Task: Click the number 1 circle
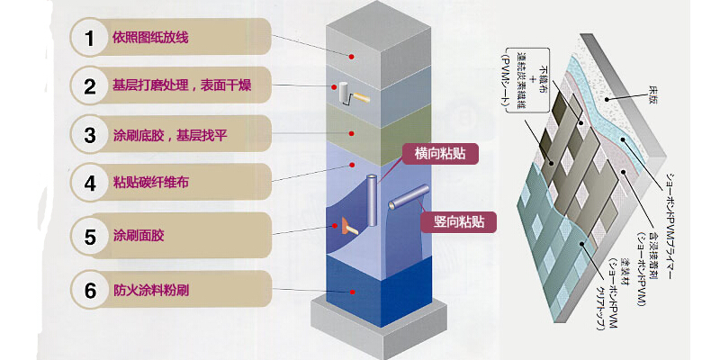tap(89, 39)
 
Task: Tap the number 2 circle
tap(89, 87)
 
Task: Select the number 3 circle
tap(89, 136)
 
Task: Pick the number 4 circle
tap(89, 184)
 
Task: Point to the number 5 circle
tap(89, 238)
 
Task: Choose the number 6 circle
tap(89, 290)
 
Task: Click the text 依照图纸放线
tap(150, 39)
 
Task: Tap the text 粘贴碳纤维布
tap(150, 184)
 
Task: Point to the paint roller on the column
tap(349, 94)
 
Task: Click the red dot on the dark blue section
tap(353, 290)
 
